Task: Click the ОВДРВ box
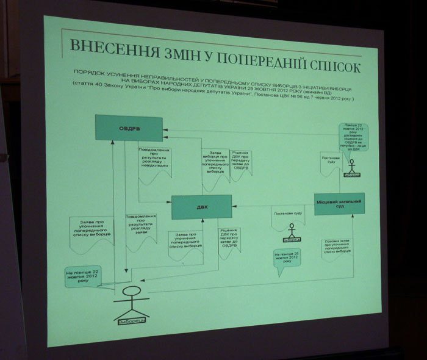click(129, 128)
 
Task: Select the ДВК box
click(201, 207)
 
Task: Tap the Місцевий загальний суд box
click(340, 204)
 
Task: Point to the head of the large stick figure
click(134, 288)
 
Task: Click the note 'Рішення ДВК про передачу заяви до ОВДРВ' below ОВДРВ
click(240, 163)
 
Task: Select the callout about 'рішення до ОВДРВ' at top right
click(354, 135)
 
